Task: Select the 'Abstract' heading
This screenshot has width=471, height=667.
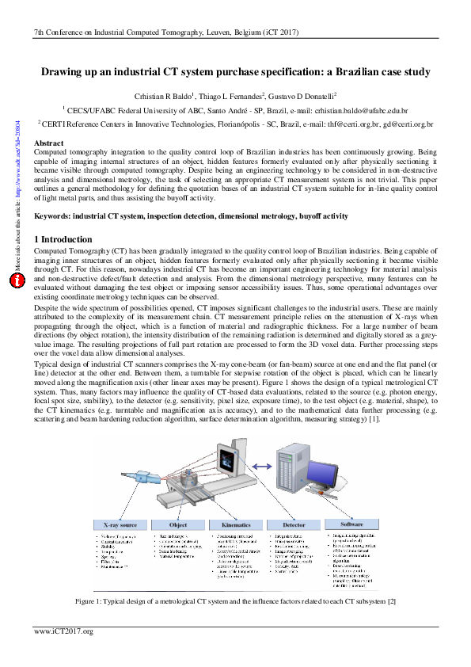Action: point(49,143)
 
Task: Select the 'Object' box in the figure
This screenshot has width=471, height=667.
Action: point(178,524)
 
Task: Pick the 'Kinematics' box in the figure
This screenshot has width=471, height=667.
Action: point(235,524)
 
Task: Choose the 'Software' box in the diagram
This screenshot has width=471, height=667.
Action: point(351,524)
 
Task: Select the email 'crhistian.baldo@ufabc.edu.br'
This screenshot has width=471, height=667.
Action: point(358,112)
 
